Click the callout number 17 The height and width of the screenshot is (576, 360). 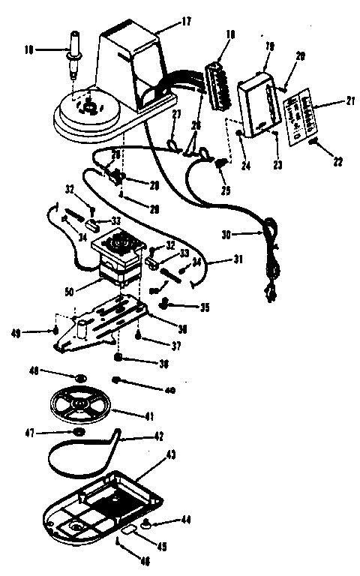coord(187,22)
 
